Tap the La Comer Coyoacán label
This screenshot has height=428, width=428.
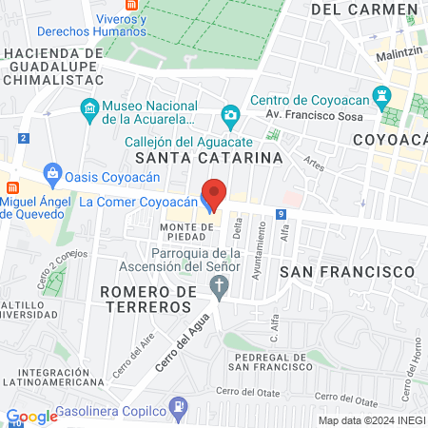137,202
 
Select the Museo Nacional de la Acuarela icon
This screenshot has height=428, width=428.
88,108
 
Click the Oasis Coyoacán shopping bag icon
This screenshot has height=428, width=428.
53,174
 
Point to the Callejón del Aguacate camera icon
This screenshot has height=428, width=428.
229,117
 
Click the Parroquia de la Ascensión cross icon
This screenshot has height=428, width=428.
221,286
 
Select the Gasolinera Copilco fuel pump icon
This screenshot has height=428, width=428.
177,406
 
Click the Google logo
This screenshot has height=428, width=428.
31,417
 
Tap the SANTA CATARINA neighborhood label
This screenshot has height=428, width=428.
208,157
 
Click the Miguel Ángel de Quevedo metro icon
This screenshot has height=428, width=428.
12,186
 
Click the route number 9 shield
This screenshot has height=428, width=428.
282,215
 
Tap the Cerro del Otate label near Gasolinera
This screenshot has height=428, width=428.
250,392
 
